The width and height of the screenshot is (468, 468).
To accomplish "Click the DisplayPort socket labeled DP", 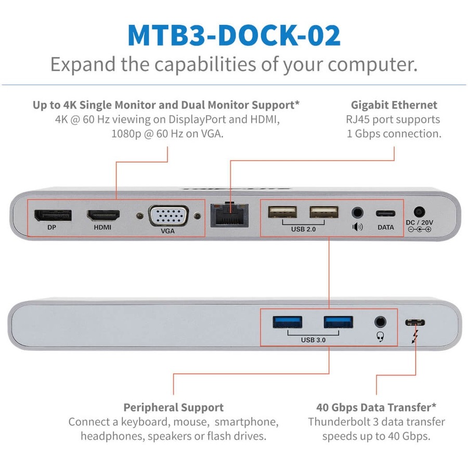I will [x=53, y=215].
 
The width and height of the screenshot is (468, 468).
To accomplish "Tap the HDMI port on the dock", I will [x=103, y=215].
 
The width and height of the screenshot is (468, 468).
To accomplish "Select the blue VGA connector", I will [x=167, y=215].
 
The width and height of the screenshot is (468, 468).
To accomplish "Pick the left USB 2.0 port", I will [x=283, y=212].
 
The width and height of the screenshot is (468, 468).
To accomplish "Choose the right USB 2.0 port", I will [x=323, y=212].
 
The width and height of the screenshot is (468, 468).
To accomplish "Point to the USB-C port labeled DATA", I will [x=385, y=213].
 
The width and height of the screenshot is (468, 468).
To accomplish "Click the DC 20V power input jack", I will [x=419, y=212].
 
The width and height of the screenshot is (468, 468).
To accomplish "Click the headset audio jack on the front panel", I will [x=381, y=322].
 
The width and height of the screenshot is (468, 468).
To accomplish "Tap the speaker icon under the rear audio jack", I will [x=357, y=227].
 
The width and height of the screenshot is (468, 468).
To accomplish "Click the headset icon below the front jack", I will [x=380, y=337].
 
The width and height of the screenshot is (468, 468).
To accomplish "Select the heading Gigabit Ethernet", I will [x=394, y=105].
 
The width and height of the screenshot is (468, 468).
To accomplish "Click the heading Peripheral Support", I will [x=173, y=407].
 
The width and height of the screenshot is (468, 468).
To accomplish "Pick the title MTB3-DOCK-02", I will [x=234, y=35].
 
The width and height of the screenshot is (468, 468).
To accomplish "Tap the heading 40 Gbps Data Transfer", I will [x=376, y=407].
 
